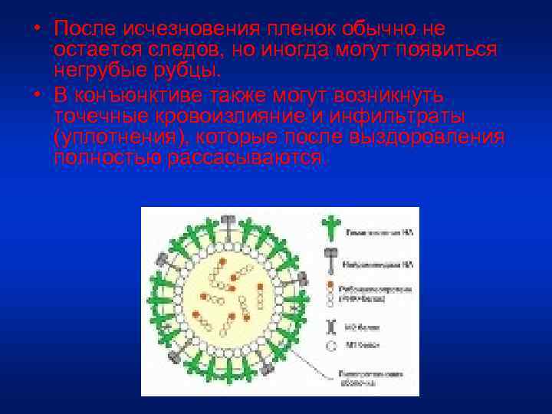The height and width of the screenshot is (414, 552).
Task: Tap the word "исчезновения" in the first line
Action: tap(188, 28)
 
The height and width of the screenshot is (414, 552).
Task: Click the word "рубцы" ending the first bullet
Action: tap(192, 71)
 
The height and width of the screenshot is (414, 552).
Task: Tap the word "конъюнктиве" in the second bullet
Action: tap(162, 94)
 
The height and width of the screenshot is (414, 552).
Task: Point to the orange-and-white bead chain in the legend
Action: tap(331, 291)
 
